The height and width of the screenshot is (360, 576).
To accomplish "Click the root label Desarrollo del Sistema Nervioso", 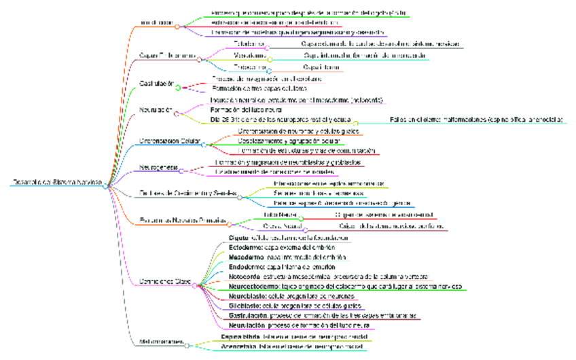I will pyautogui.click(x=57, y=182).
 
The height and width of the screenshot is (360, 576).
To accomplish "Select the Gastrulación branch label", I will pyautogui.click(x=157, y=84).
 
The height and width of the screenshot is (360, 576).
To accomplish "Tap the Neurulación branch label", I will pyautogui.click(x=156, y=109).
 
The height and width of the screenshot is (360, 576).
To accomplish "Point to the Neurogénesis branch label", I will pyautogui.click(x=159, y=166).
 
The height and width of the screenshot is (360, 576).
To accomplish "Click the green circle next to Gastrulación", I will pyautogui.click(x=179, y=88).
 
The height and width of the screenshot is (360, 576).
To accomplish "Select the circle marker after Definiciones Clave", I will pyautogui.click(x=196, y=285).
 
